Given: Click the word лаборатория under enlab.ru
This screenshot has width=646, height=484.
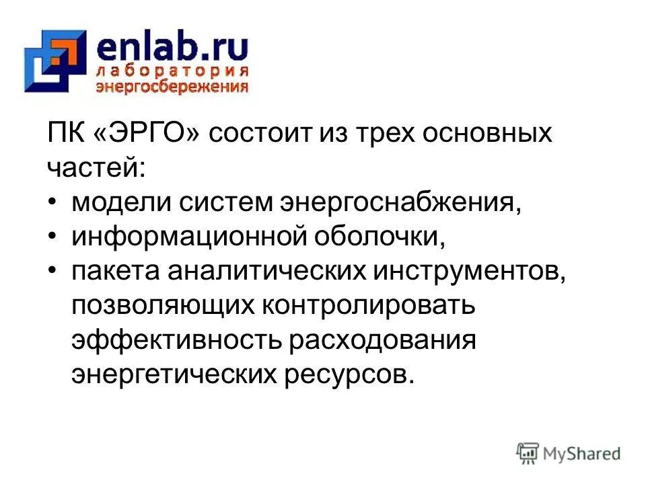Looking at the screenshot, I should point(172,72).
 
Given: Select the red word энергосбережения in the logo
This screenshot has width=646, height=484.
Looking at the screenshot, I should point(172,86).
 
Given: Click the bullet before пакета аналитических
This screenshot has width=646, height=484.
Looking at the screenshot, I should point(53,272).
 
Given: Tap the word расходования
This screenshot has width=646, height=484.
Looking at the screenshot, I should point(383,341).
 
